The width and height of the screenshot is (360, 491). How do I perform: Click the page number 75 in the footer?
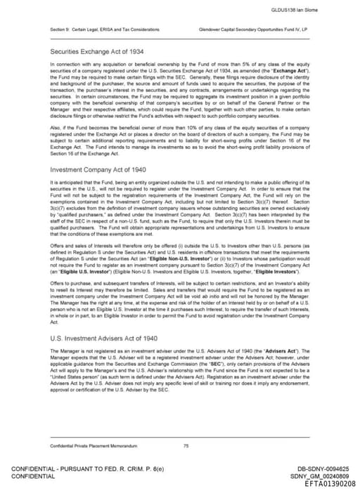tap(186, 446)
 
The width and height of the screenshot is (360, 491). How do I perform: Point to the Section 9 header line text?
tap(104, 30)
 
